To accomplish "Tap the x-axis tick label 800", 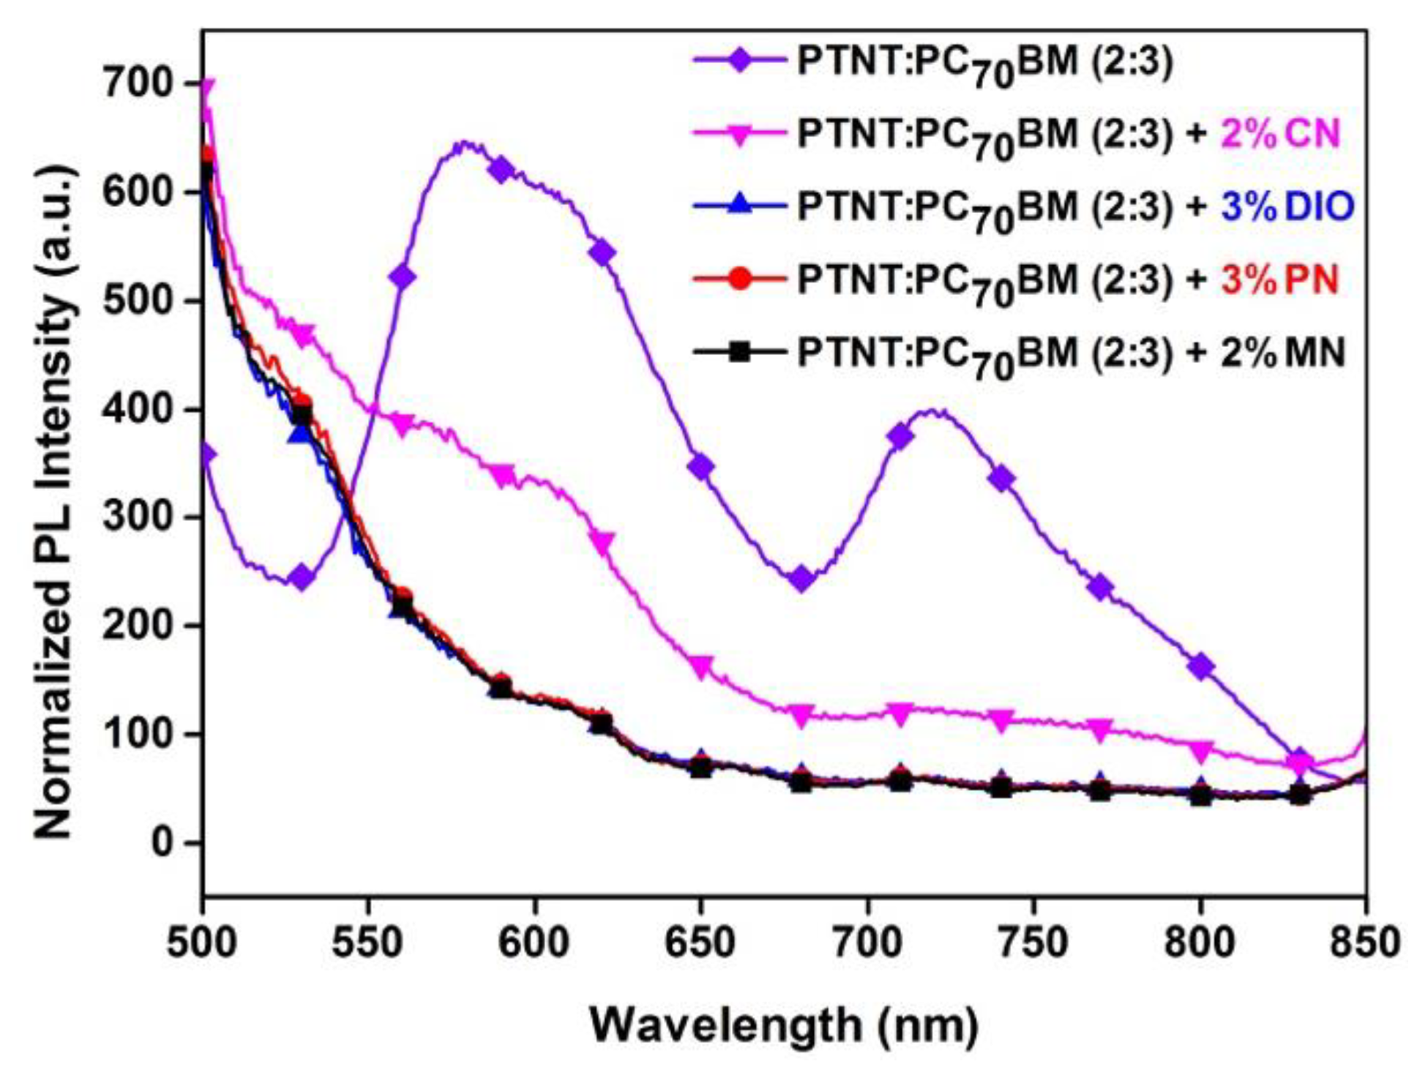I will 1200,943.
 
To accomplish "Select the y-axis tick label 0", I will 165,842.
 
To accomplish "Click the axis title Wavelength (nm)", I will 784,1024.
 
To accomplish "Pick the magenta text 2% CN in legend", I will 1280,135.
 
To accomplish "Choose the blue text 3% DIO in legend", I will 1287,208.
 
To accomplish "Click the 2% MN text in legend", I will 1282,353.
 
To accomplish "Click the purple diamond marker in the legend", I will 740,61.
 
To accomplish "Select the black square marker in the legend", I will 740,353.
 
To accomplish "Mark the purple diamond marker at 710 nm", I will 900,437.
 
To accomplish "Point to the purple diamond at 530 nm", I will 302,578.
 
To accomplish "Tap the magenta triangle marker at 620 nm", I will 602,543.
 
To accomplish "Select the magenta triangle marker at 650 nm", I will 700,666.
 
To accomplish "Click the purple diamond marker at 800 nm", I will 1200,667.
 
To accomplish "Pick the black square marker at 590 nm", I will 501,689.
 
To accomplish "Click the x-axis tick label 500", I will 202,943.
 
